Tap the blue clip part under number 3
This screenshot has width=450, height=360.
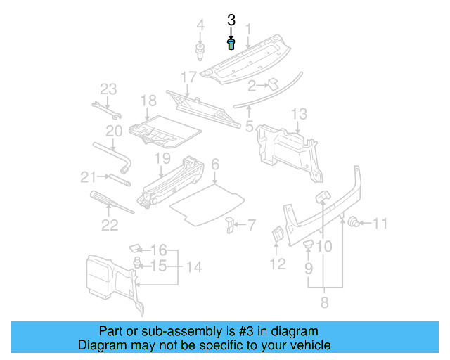231,45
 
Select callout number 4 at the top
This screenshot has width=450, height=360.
200,26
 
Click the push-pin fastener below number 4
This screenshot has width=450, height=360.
200,51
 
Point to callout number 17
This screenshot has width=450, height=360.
188,76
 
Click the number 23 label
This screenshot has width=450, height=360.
108,89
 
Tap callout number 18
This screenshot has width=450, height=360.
148,101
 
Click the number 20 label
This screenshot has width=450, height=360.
114,131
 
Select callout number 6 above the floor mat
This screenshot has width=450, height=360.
215,165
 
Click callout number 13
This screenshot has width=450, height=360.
299,113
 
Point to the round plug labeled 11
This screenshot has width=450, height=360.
355,224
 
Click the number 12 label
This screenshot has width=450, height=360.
278,264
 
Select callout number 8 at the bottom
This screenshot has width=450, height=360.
324,302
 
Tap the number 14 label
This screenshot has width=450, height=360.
193,266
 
